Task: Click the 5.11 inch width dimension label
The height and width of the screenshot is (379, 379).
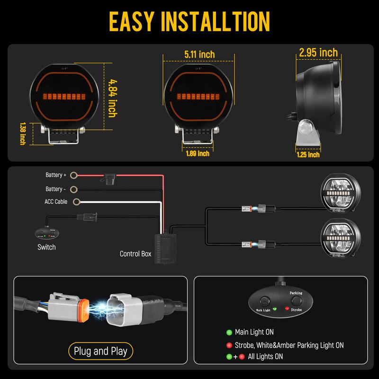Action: [x=199, y=54]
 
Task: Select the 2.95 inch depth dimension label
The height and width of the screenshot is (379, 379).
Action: [x=318, y=53]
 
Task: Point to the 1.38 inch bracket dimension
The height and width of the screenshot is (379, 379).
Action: [x=22, y=134]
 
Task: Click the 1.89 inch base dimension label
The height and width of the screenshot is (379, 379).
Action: [x=197, y=153]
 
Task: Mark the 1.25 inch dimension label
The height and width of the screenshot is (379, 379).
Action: [x=307, y=154]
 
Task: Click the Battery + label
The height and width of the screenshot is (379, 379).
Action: [x=56, y=175]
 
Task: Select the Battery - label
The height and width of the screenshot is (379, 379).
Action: [x=56, y=189]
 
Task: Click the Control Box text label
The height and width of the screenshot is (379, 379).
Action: [x=135, y=254]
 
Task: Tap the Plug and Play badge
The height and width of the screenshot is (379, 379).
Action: [x=100, y=351]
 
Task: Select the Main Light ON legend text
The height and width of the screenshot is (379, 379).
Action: [x=254, y=332]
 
